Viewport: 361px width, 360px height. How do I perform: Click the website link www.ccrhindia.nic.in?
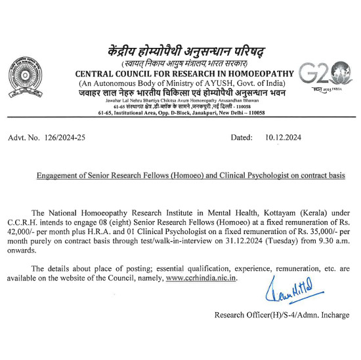click(x=202, y=278)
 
